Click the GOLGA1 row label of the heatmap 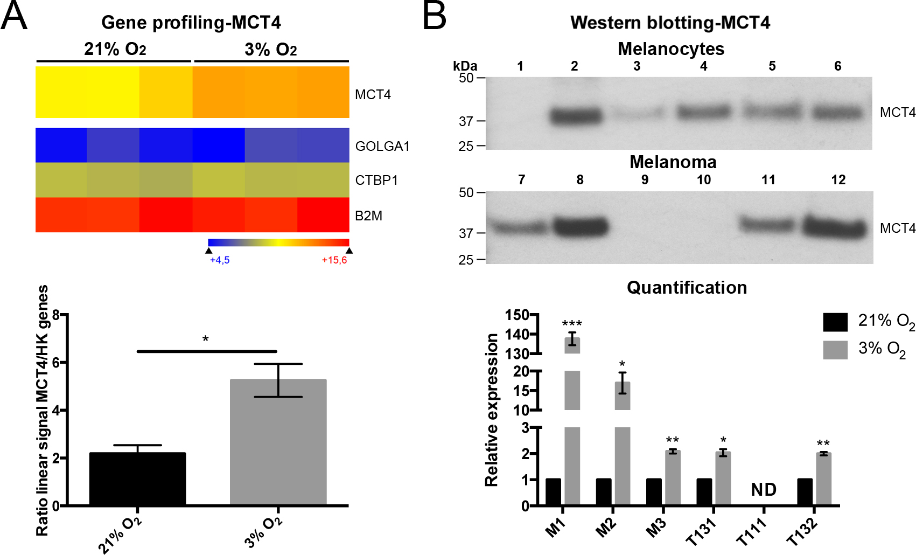[x=382, y=146]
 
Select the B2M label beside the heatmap [x=368, y=216]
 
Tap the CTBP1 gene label [x=376, y=180]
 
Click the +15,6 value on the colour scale [x=334, y=260]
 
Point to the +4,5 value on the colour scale [x=220, y=260]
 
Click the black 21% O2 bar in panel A [x=137, y=479]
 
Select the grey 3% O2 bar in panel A [x=278, y=442]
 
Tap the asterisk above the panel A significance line [x=206, y=339]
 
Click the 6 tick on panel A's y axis [x=55, y=363]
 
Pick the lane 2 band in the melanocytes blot [x=576, y=116]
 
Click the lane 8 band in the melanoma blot [x=581, y=226]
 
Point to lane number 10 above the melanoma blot [x=704, y=180]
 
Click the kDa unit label [x=465, y=66]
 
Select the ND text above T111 [x=764, y=490]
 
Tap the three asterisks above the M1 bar [x=572, y=324]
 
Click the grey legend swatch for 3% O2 [x=835, y=350]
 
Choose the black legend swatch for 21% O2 [x=835, y=322]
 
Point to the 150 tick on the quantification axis [x=517, y=315]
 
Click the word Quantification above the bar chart [x=687, y=287]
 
